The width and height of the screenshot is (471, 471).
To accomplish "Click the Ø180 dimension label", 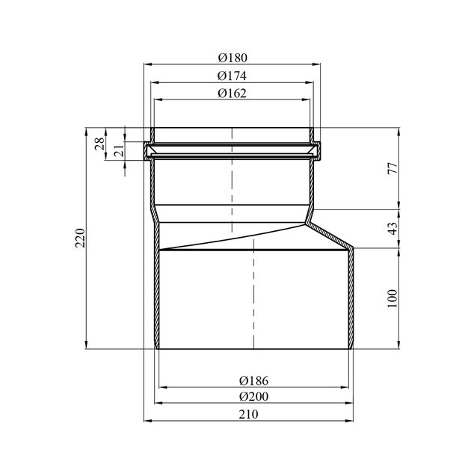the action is (233, 58).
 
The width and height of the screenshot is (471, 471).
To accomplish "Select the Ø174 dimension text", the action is (232, 76).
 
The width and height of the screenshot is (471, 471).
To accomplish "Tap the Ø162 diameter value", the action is (232, 93).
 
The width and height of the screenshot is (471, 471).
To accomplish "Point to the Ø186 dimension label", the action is (253, 381).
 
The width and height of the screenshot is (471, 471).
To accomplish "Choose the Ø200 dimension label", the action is (253, 396).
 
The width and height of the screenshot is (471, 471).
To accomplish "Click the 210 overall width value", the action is (248, 414).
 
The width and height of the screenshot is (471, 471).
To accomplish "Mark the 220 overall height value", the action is (80, 238).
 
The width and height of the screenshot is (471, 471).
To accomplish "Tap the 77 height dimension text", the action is (392, 168).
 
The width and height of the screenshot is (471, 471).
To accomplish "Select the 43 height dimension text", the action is (392, 229).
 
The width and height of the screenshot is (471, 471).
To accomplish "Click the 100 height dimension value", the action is (392, 298).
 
